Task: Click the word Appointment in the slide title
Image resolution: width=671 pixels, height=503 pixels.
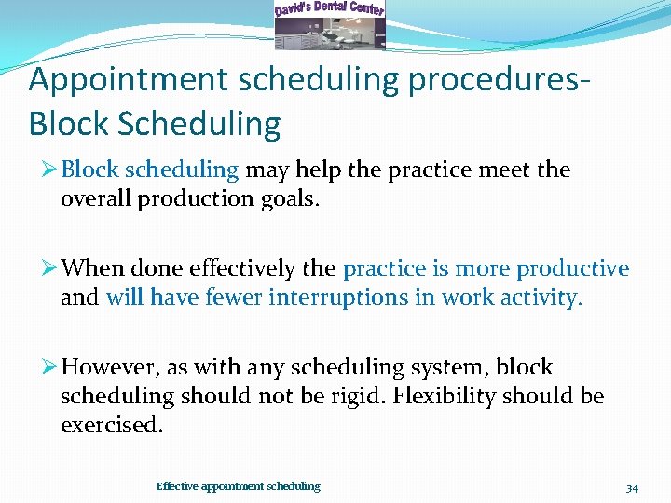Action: tap(126, 80)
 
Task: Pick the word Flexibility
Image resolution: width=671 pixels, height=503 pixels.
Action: tap(444, 396)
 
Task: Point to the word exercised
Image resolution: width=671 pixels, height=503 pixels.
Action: tap(112, 425)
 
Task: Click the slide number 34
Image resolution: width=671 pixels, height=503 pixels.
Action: tap(632, 487)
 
